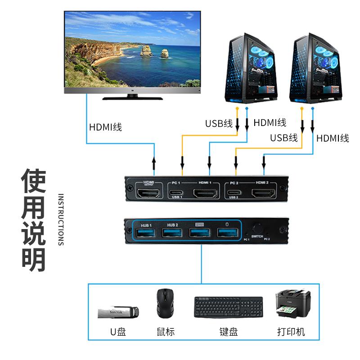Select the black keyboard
(x=229, y=307)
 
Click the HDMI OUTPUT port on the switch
(x=148, y=194)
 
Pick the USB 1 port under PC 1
(x=176, y=194)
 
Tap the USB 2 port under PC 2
(x=233, y=194)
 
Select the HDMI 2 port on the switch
(x=262, y=194)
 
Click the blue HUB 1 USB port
(x=146, y=232)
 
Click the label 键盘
(x=229, y=332)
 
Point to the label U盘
(x=118, y=332)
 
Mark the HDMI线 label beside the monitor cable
(x=105, y=127)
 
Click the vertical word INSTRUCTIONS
(x=61, y=220)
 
